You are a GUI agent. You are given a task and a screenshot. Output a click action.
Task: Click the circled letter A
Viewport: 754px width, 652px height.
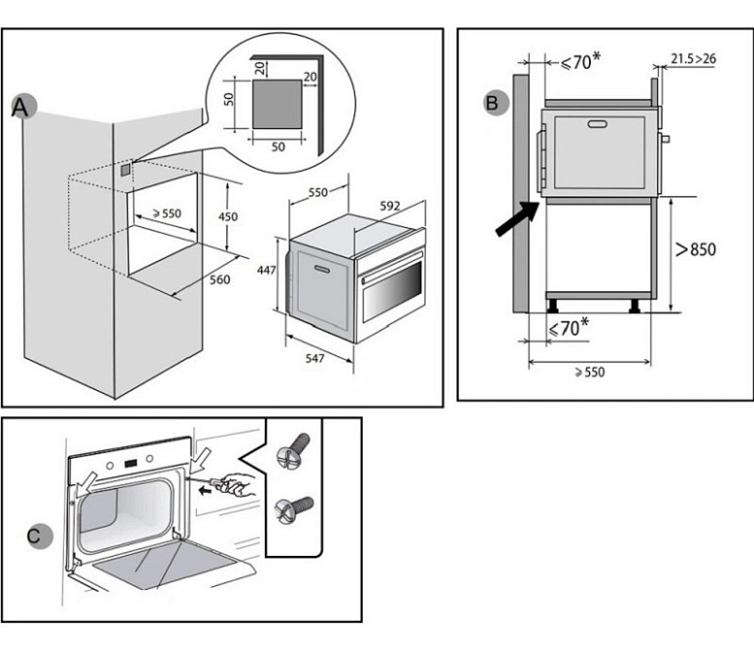click(20, 107)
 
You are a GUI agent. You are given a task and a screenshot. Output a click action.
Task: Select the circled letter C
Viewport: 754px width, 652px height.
click(33, 535)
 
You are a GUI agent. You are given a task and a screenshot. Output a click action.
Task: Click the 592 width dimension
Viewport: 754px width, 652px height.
click(389, 205)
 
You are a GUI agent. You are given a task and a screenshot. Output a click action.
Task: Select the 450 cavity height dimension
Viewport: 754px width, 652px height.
click(227, 216)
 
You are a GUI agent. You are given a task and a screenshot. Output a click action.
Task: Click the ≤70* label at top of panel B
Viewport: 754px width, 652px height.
click(579, 61)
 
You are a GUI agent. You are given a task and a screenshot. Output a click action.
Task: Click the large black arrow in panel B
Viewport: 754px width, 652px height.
click(514, 219)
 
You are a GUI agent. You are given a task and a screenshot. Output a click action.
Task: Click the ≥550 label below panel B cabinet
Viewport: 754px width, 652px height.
click(588, 372)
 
